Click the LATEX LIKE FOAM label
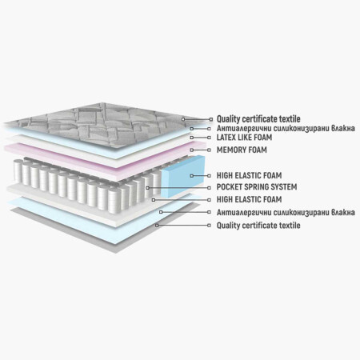coord(244,138)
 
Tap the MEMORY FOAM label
coord(242,150)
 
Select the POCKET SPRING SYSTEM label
coord(257,187)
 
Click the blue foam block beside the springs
coord(183,177)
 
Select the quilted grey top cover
coord(106,125)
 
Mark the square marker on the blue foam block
coord(191,176)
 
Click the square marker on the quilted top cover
coord(183,119)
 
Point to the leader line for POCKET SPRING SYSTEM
coord(178,188)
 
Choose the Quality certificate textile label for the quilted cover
coord(258,119)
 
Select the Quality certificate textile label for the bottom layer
coord(258,226)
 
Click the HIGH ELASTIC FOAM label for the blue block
coord(249,175)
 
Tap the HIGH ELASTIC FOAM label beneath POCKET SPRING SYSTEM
coord(249,199)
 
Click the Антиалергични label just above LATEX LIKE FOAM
coord(286,128)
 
